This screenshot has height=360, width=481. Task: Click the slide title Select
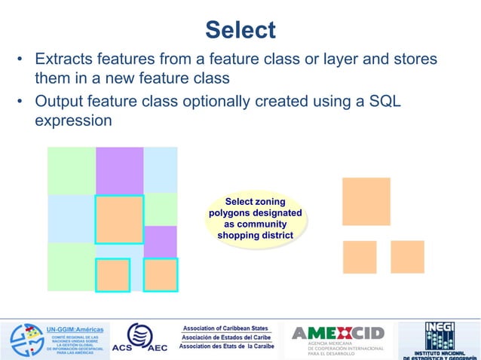(x=240, y=30)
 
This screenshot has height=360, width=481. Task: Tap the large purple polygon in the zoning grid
(x=119, y=170)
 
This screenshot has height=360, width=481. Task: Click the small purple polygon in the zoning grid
(x=160, y=241)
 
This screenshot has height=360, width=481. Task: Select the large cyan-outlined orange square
(x=119, y=219)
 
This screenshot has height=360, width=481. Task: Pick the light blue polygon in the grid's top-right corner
(x=160, y=170)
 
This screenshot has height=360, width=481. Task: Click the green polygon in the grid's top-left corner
(x=71, y=170)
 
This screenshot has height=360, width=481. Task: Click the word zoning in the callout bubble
(x=268, y=202)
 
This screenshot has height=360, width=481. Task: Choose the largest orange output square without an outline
(x=366, y=201)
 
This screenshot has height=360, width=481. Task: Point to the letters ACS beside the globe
(x=122, y=348)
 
